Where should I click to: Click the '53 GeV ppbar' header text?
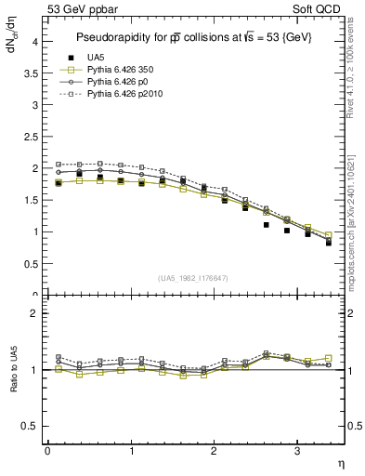pyautogui.click(x=81, y=9)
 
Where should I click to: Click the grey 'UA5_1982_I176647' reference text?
pyautogui.click(x=196, y=278)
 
